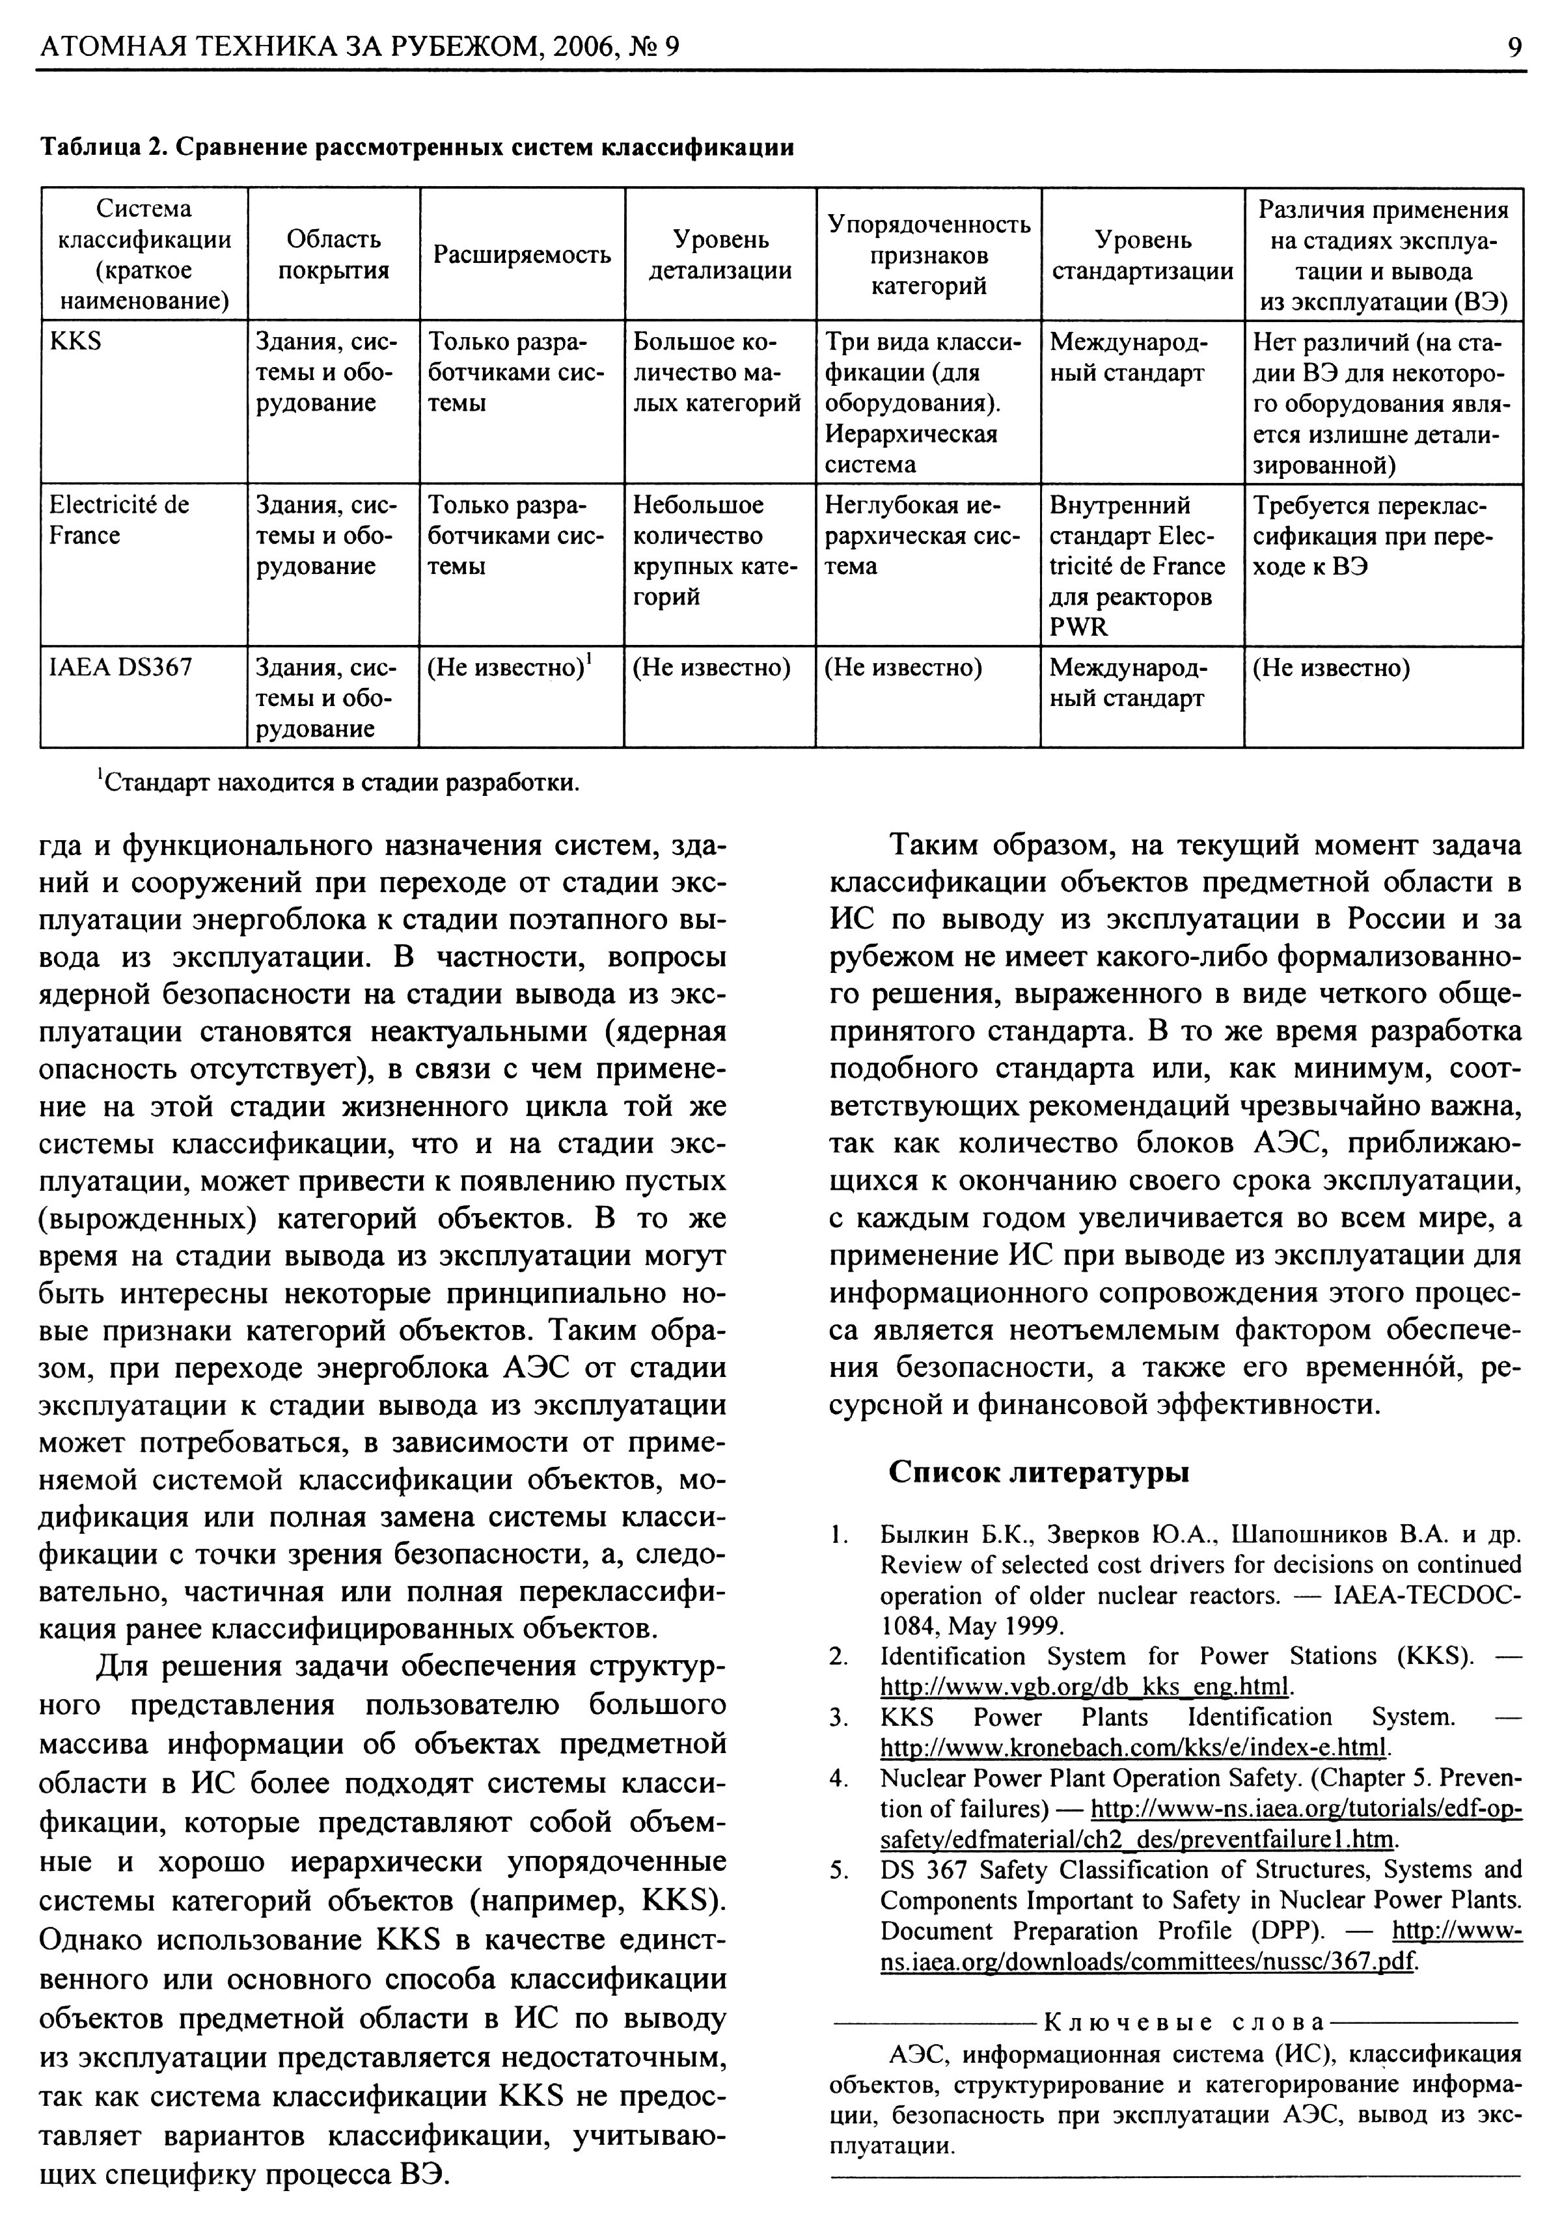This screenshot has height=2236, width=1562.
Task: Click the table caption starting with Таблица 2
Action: pos(416,147)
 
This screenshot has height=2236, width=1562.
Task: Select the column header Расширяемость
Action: pos(522,255)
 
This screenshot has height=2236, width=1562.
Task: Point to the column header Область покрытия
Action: pos(334,255)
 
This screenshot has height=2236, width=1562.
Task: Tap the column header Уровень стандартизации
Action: pos(1142,255)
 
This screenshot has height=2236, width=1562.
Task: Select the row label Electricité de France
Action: pos(119,520)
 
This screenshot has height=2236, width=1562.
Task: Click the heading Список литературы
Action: pos(1039,1471)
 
